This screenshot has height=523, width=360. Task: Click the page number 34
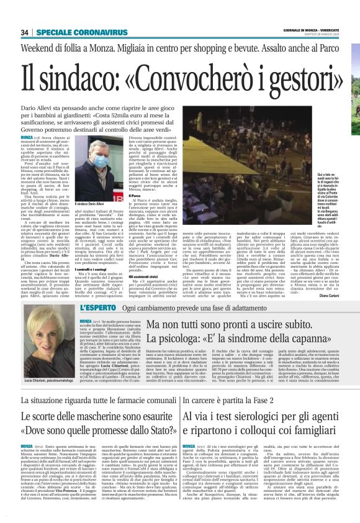tap(25, 32)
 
